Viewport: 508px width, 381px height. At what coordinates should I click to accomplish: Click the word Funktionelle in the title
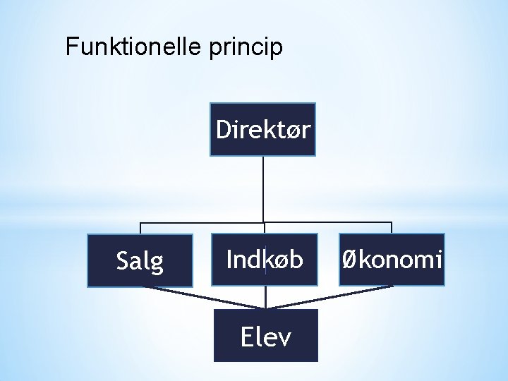[133, 47]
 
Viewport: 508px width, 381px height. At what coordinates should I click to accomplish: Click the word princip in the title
[246, 49]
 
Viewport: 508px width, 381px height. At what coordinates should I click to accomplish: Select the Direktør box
[263, 129]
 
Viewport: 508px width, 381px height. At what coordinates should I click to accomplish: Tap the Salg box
[140, 260]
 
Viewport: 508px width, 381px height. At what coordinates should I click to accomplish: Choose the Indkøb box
[265, 259]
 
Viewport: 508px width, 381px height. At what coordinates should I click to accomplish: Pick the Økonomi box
[392, 259]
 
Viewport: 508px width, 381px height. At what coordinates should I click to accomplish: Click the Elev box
[265, 336]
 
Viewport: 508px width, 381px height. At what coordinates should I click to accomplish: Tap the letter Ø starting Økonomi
[349, 259]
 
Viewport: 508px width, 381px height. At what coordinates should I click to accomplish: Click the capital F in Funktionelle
[71, 47]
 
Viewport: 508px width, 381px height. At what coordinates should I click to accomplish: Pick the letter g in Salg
[157, 264]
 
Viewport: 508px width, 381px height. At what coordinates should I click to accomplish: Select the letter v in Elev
[284, 338]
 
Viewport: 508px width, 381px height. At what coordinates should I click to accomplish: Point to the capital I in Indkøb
[229, 259]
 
